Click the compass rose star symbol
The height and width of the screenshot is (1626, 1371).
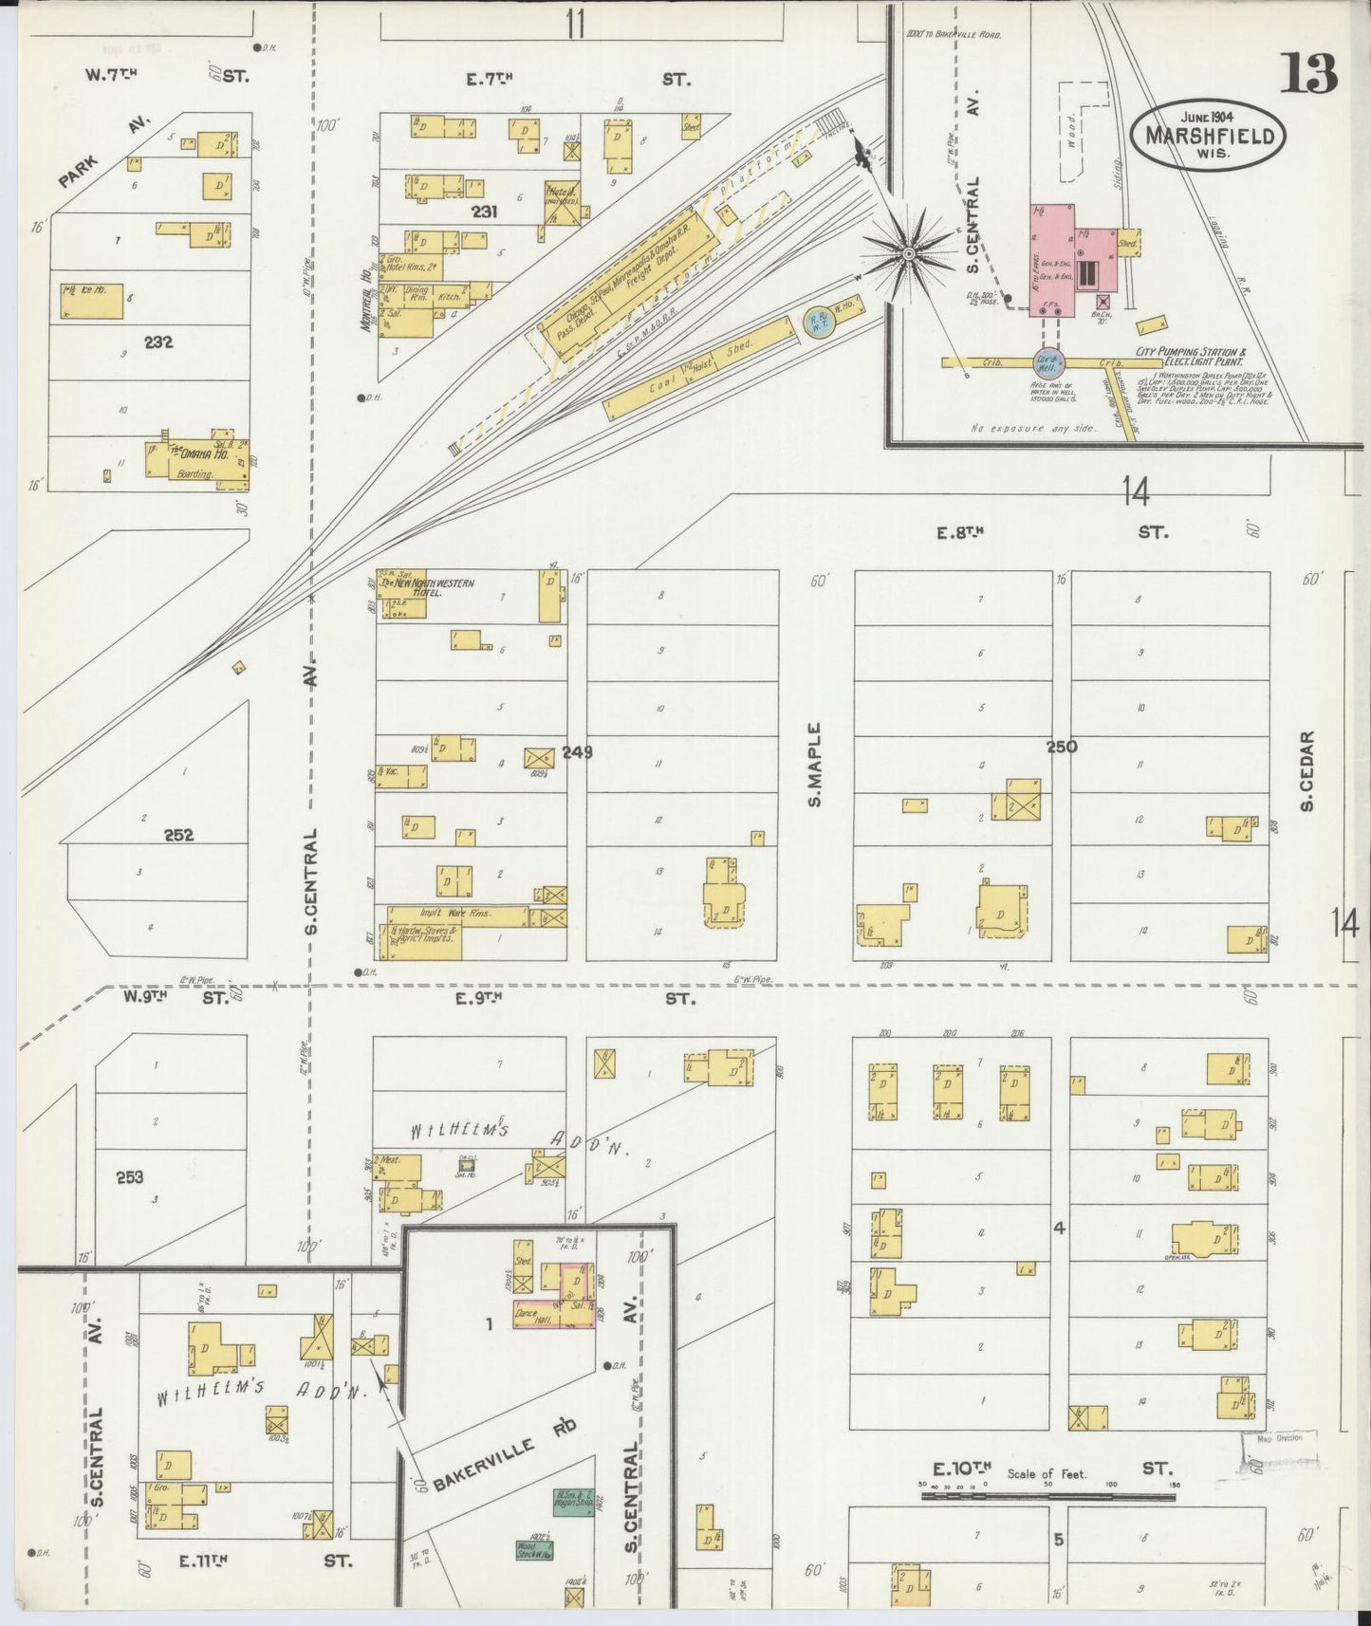click(x=908, y=253)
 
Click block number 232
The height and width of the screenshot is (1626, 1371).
click(x=158, y=342)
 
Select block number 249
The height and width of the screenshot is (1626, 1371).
click(x=577, y=751)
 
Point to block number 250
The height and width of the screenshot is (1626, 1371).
click(x=1061, y=747)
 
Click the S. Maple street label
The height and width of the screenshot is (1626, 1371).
click(x=815, y=765)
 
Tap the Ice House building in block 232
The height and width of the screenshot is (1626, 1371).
click(x=92, y=301)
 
